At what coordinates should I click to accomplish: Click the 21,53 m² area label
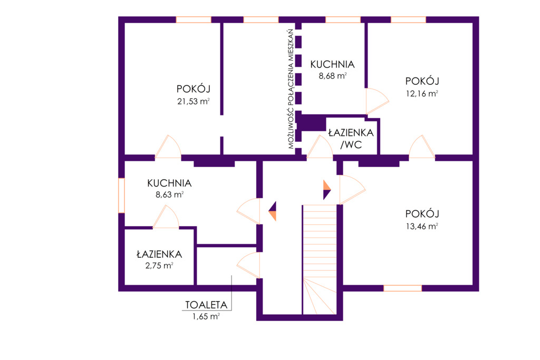(x=194, y=102)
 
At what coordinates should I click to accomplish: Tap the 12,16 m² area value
(x=422, y=94)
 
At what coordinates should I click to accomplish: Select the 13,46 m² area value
(x=422, y=227)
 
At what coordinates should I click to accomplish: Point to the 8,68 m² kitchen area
(x=332, y=76)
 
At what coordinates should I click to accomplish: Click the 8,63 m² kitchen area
(x=169, y=195)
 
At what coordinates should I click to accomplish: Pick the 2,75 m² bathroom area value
(x=159, y=266)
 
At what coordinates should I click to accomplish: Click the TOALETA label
(x=206, y=305)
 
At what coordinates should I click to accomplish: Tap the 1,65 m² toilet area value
(x=206, y=316)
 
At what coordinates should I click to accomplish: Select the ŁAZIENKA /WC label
(x=351, y=139)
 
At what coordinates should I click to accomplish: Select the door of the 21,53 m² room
(x=168, y=148)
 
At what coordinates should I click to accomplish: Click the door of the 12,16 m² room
(x=422, y=148)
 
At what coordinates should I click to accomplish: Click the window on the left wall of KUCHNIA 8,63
(x=121, y=196)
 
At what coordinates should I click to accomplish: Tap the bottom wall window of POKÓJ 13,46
(x=402, y=288)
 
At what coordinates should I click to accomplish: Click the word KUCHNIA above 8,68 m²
(x=332, y=64)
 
